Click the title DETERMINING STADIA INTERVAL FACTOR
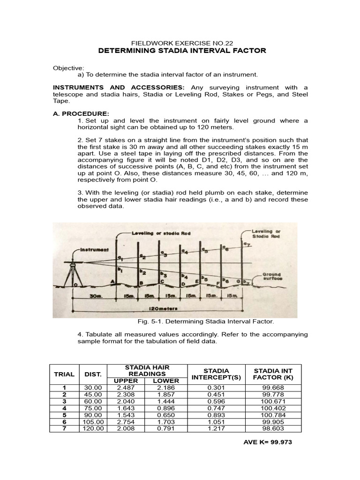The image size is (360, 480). [x=182, y=51]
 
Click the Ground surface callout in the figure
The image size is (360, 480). [x=271, y=277]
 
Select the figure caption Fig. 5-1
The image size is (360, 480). [x=205, y=322]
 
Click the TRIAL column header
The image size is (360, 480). [x=64, y=374]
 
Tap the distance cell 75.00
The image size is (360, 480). [x=93, y=408]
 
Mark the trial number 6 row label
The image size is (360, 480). [x=64, y=422]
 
